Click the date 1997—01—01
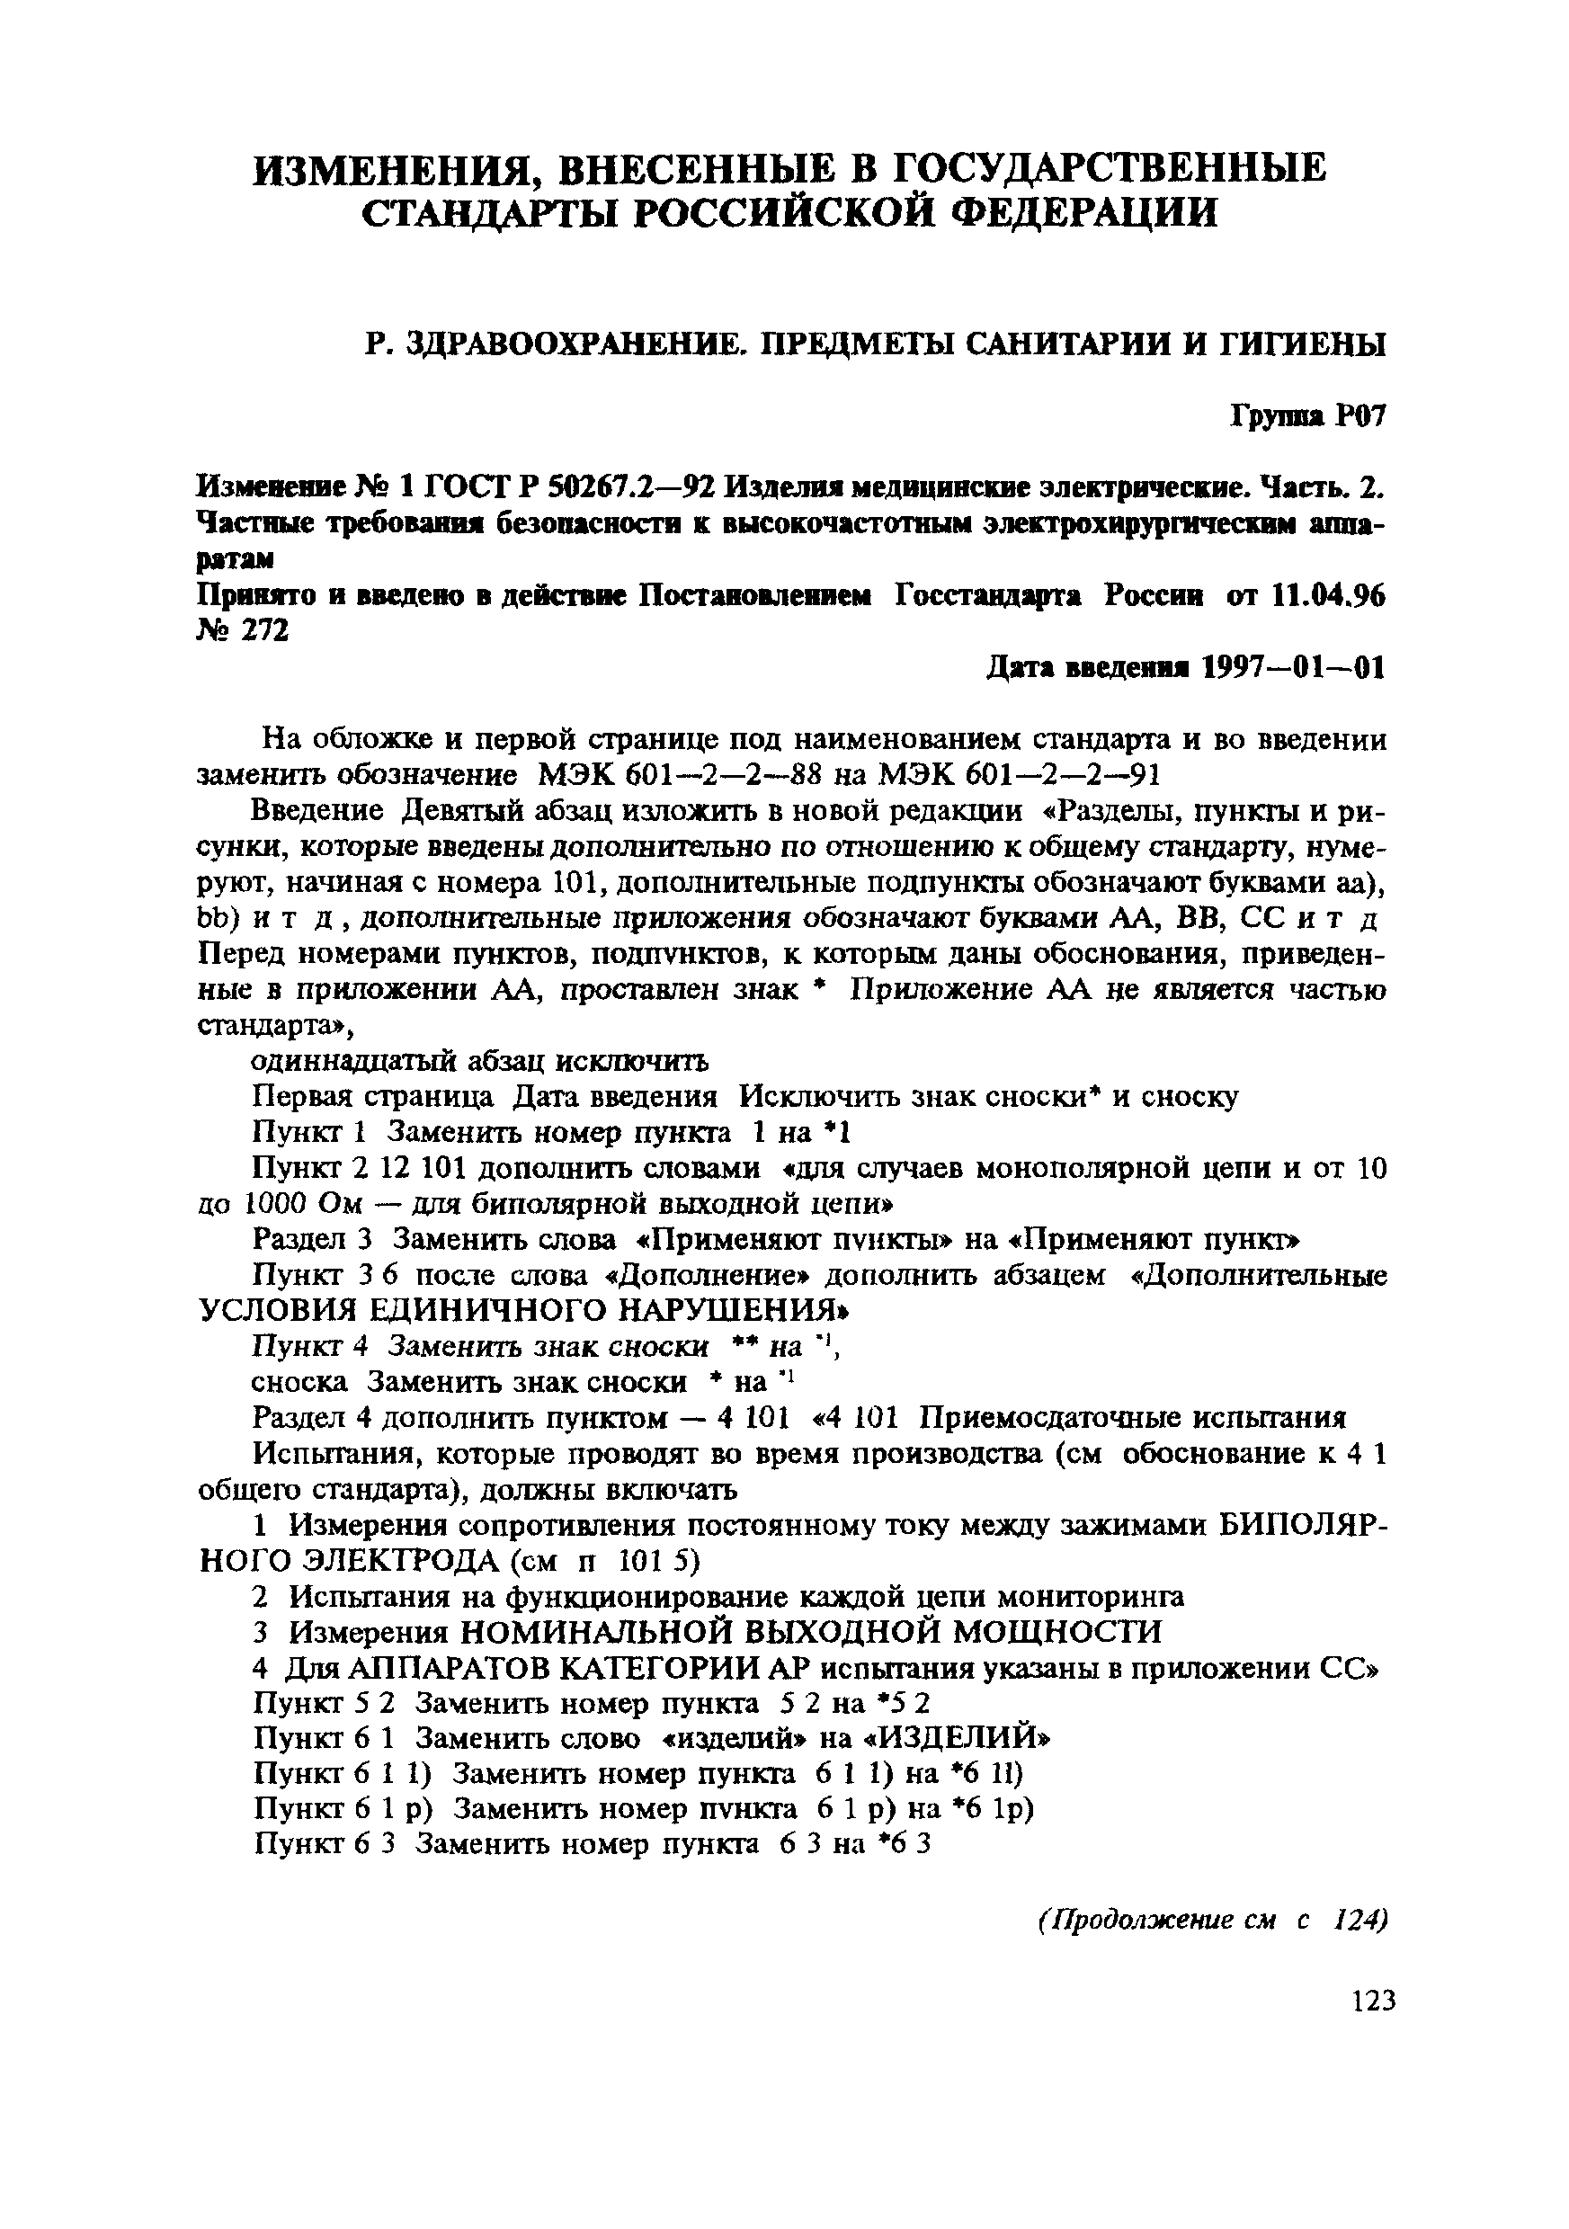tap(1293, 668)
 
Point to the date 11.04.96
tap(1327, 596)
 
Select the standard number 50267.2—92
tap(630, 485)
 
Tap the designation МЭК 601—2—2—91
tap(1019, 775)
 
